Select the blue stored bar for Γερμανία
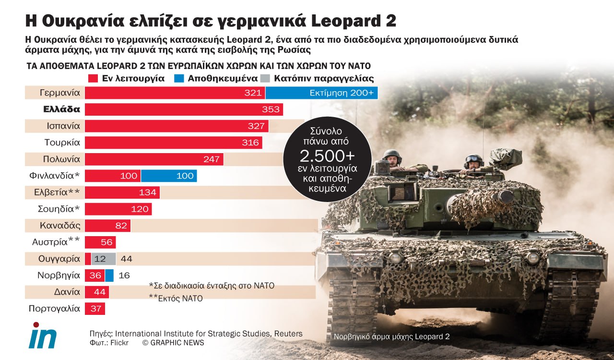(321, 93)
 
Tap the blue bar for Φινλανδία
(169, 176)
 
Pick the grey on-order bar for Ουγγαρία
(104, 259)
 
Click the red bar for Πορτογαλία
(95, 309)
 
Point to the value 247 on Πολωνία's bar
(211, 159)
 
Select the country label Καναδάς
(60, 226)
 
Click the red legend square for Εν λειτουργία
(94, 78)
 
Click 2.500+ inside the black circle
(327, 156)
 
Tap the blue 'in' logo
(43, 336)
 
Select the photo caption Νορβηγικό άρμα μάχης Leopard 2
(391, 337)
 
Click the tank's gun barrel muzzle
(506, 196)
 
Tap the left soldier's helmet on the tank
(392, 155)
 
